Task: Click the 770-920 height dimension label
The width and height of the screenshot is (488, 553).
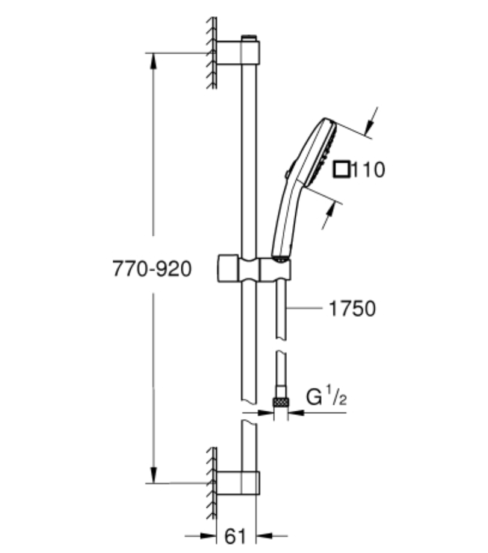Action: (x=152, y=269)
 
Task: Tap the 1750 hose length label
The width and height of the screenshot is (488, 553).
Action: (x=352, y=309)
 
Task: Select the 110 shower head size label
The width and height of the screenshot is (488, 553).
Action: (x=368, y=169)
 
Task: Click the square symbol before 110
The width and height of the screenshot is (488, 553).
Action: (x=342, y=169)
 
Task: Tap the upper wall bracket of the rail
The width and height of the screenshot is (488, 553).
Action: (x=238, y=52)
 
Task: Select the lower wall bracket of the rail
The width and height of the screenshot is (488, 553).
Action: (x=238, y=482)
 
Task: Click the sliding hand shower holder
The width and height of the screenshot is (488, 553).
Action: (x=254, y=270)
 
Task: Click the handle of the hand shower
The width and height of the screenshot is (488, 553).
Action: (x=285, y=220)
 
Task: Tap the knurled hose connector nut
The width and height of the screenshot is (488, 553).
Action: (x=281, y=402)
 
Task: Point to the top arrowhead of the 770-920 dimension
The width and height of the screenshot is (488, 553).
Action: (x=153, y=62)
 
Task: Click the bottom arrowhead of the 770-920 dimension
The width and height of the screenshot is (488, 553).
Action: (x=153, y=475)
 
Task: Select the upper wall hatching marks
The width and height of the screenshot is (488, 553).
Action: (x=211, y=53)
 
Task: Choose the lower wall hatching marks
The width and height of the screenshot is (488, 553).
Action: (x=211, y=483)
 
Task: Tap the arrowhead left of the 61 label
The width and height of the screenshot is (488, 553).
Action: (x=207, y=536)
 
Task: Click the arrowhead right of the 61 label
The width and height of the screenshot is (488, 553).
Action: (x=264, y=536)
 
